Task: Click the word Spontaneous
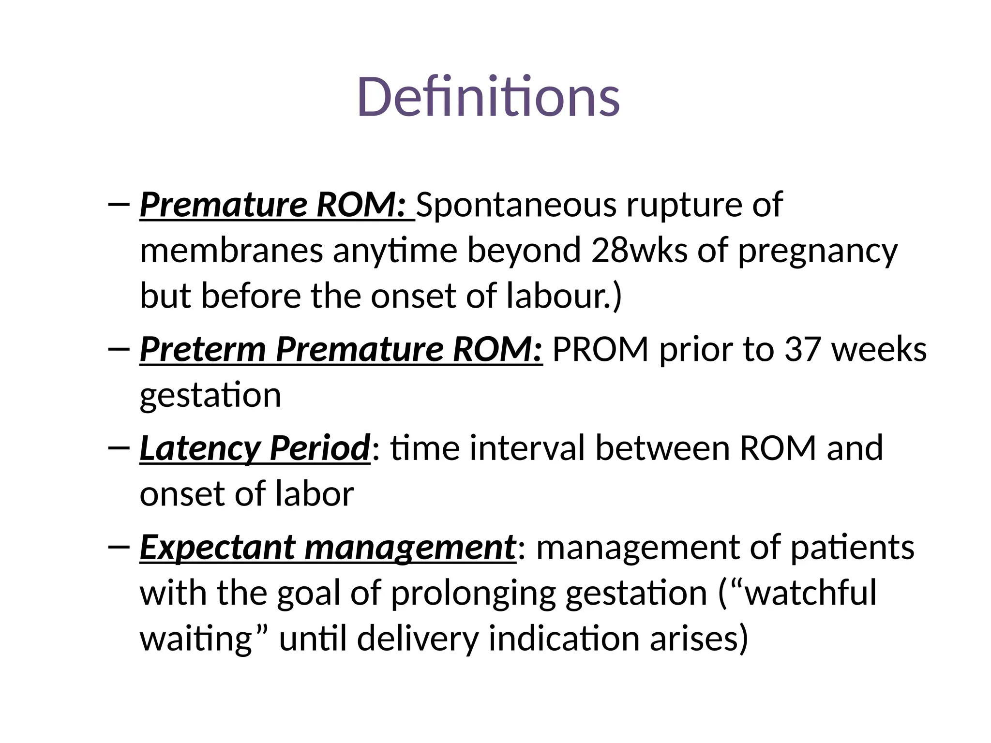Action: [x=516, y=205]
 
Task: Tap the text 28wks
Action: [x=639, y=251]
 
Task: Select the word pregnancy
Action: [x=817, y=252]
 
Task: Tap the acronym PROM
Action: [x=600, y=349]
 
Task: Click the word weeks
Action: [x=879, y=349]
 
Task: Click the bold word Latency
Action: [x=199, y=448]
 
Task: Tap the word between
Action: [x=662, y=448]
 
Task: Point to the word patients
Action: [x=852, y=548]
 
